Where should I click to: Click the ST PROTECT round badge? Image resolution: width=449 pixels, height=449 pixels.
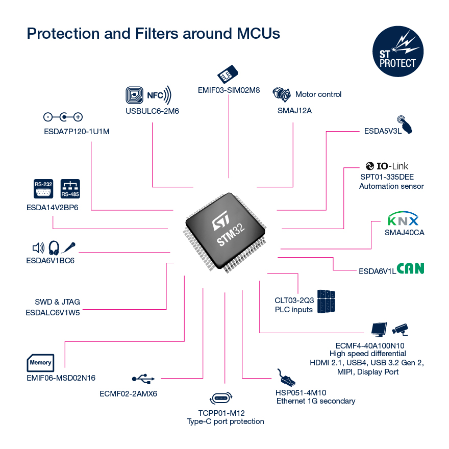398,53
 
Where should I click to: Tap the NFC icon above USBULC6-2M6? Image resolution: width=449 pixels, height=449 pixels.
148,95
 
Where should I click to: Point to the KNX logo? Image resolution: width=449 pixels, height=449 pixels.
403,220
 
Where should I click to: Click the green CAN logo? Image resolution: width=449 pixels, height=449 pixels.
411,268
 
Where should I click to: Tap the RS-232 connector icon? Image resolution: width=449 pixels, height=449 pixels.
43,188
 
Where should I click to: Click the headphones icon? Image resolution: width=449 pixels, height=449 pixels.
54,248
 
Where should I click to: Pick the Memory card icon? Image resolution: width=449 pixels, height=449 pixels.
40,362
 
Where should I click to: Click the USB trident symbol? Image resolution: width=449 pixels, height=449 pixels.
143,379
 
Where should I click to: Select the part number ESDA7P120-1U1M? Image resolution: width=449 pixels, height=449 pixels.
77,131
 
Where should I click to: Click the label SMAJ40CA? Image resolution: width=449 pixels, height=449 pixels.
405,233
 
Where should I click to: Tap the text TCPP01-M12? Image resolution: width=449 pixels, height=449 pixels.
225,412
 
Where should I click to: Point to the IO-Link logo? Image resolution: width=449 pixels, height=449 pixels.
387,166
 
